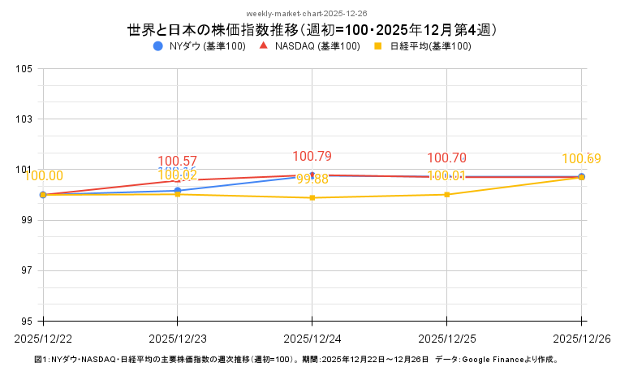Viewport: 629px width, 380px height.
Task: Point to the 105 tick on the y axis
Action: pyautogui.click(x=24, y=69)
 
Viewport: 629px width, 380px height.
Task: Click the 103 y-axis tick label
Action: pyautogui.click(x=24, y=119)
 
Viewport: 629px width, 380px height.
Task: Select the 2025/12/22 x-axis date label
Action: pyautogui.click(x=43, y=336)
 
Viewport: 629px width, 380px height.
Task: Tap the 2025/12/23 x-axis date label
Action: pyautogui.click(x=178, y=336)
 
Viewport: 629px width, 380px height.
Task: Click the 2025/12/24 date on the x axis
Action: pyautogui.click(x=312, y=336)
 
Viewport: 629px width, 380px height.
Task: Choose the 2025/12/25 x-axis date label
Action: pyautogui.click(x=447, y=336)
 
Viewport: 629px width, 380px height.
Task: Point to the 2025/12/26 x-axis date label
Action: pyautogui.click(x=581, y=336)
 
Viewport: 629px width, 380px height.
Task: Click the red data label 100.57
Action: pyautogui.click(x=178, y=161)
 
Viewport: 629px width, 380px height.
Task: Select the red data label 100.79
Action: pyautogui.click(x=312, y=156)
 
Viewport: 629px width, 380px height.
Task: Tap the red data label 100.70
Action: pyautogui.click(x=447, y=158)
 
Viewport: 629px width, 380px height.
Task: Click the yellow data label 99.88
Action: pyautogui.click(x=312, y=179)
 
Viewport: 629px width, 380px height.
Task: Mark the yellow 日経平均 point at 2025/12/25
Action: pyautogui.click(x=447, y=195)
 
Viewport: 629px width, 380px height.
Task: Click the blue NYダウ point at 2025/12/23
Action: pyautogui.click(x=178, y=191)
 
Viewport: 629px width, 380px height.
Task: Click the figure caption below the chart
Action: pyautogui.click(x=297, y=359)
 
